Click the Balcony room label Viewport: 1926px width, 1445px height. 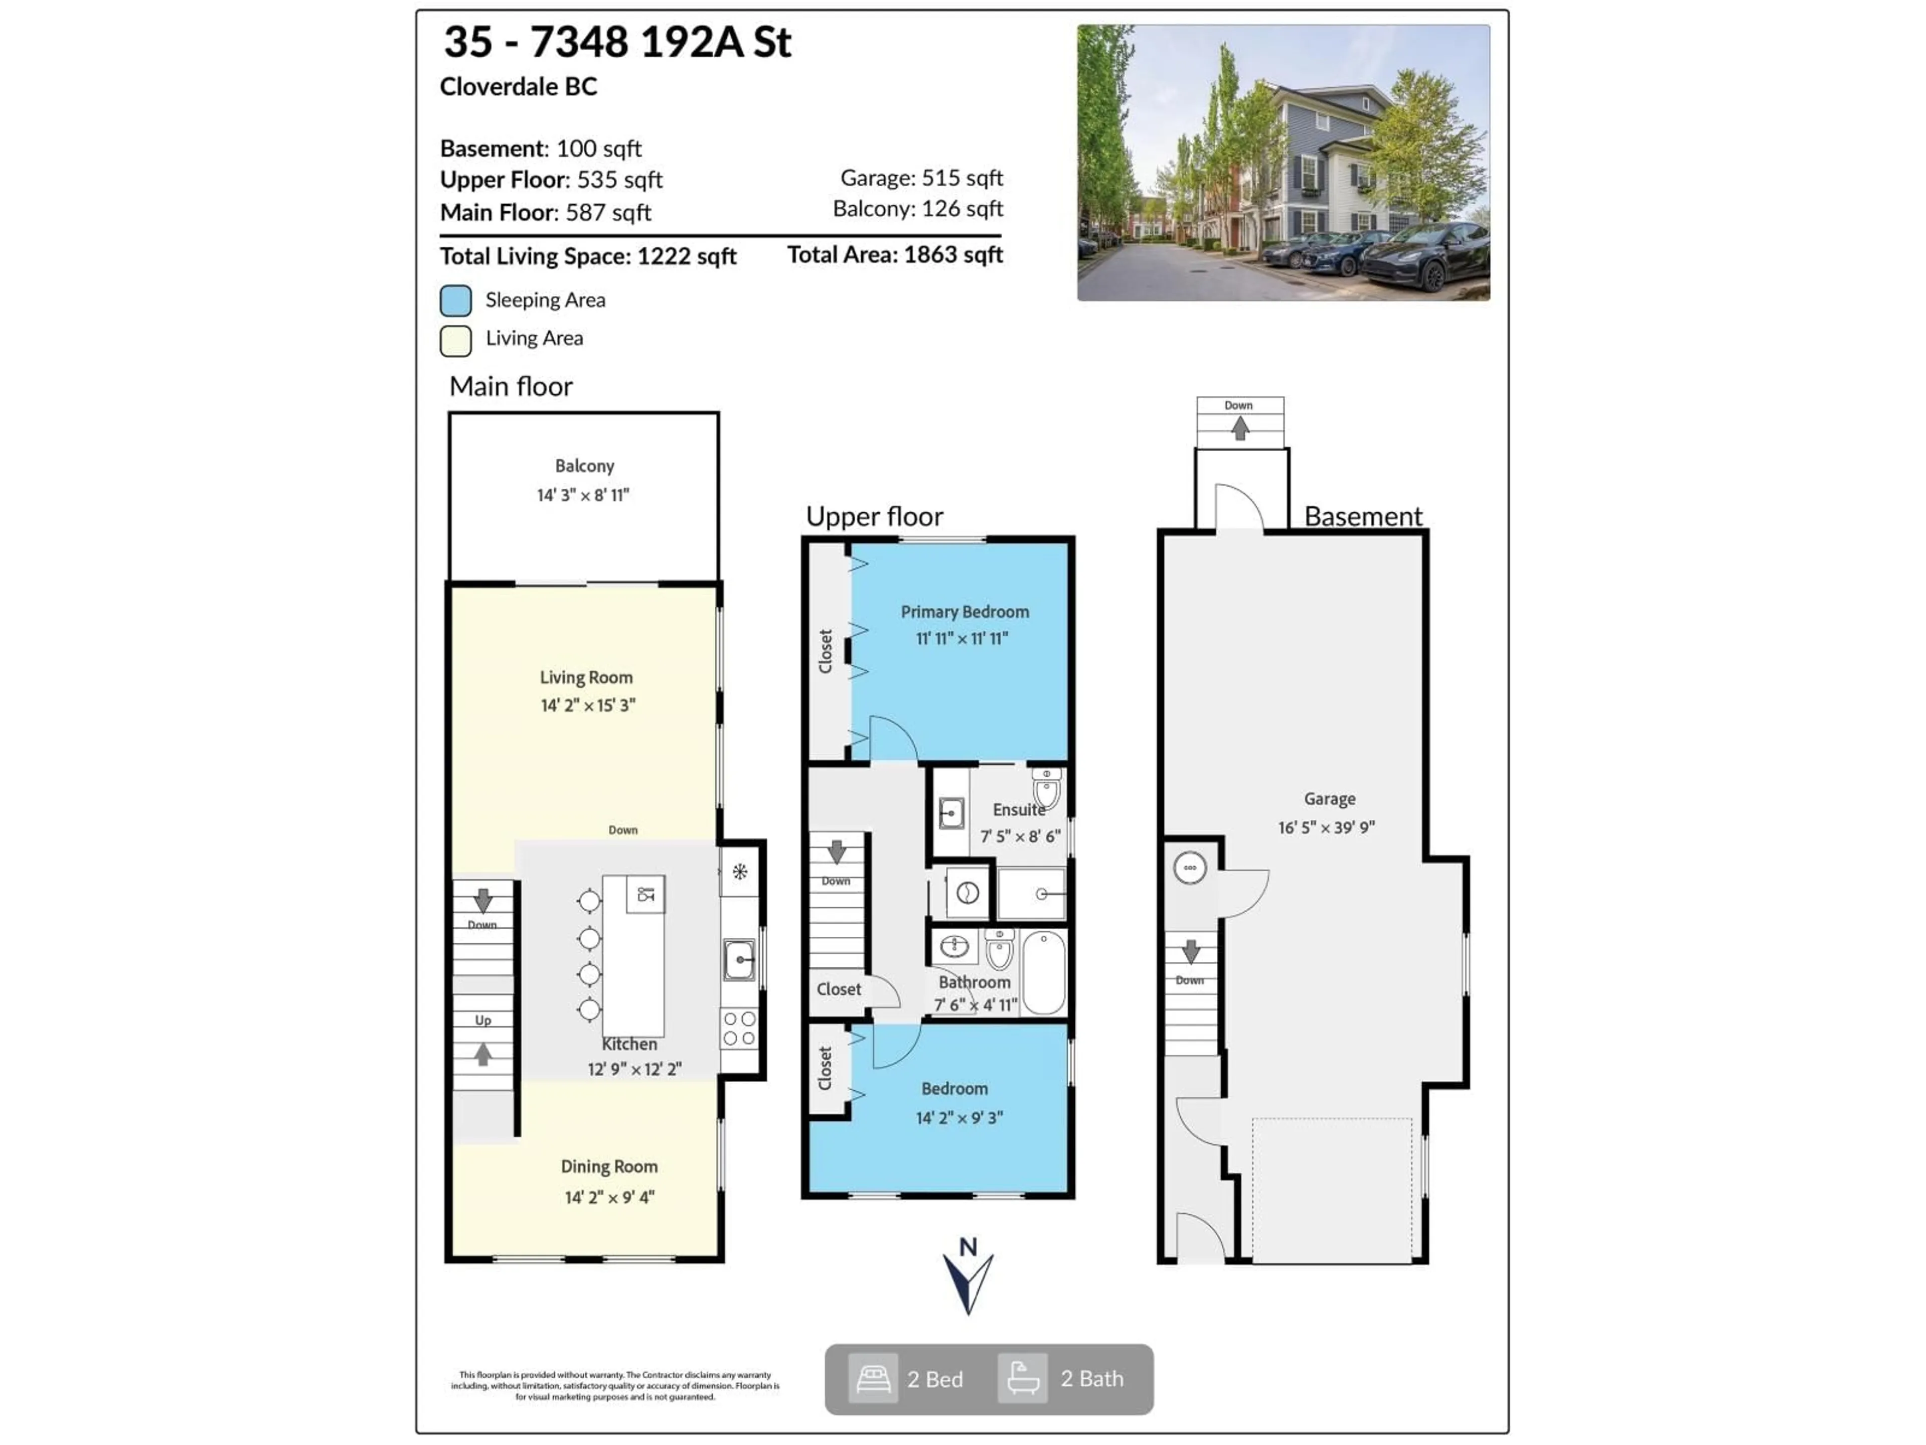[x=584, y=466]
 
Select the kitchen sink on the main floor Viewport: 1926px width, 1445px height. [x=739, y=960]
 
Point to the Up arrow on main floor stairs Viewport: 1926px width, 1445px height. [x=483, y=1055]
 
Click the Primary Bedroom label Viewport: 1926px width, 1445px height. [x=964, y=612]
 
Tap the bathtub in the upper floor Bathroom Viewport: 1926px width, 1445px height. [x=1043, y=973]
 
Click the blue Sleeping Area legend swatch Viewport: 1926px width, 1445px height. [x=455, y=301]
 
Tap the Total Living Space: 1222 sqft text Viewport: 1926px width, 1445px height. [x=588, y=256]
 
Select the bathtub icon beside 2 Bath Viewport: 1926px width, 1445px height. [x=1022, y=1379]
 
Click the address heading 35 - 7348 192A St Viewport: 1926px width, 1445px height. [x=617, y=42]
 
